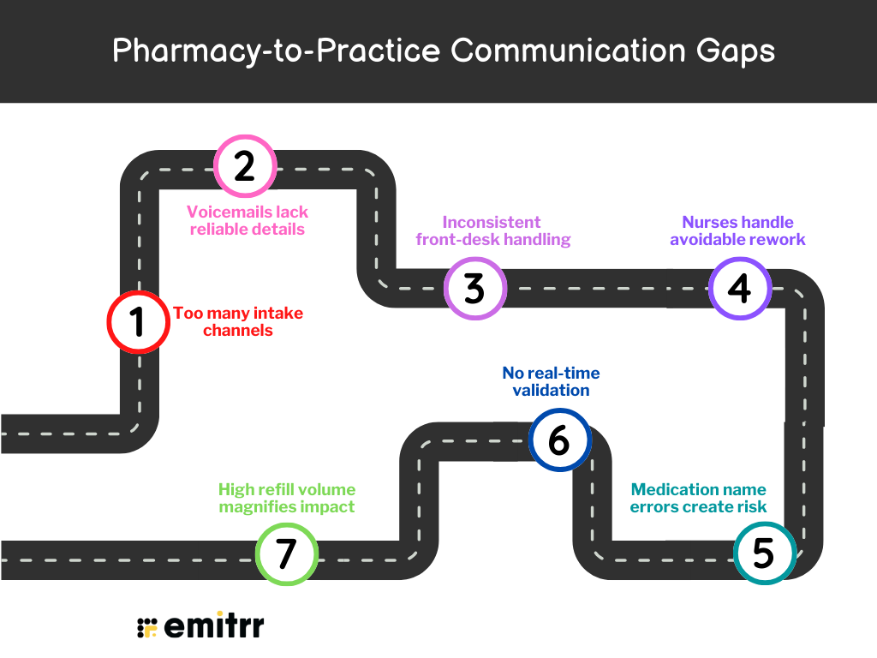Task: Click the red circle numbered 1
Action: (x=137, y=322)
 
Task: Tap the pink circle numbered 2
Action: (x=245, y=165)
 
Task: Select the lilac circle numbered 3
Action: (x=475, y=289)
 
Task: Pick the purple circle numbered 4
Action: (x=739, y=289)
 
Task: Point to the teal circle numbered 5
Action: (x=764, y=553)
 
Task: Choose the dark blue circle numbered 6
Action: (x=559, y=440)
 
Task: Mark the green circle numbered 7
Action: (x=287, y=553)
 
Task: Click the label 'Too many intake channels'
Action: (x=238, y=322)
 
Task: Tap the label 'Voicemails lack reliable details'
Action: (x=248, y=220)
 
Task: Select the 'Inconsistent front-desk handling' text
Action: (x=492, y=230)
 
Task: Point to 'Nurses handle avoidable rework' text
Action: (x=737, y=230)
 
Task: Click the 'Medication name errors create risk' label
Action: (x=698, y=498)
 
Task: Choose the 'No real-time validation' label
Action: (x=551, y=381)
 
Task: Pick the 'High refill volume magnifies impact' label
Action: (x=287, y=498)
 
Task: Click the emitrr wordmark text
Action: (x=213, y=626)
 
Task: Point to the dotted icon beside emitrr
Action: (x=147, y=627)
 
